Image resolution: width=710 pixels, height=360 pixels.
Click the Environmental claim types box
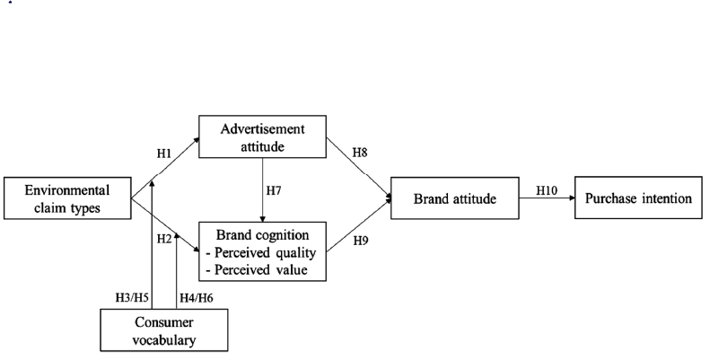(66, 198)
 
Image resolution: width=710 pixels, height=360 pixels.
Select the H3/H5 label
(127, 298)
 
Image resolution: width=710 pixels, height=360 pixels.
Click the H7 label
(276, 190)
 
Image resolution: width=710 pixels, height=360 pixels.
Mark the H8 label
(360, 153)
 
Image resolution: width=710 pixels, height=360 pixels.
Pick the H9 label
(360, 241)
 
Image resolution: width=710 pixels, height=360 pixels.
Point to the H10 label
(548, 189)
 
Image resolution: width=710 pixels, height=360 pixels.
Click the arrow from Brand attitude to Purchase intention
(548, 198)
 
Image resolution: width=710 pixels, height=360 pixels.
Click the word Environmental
(66, 190)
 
